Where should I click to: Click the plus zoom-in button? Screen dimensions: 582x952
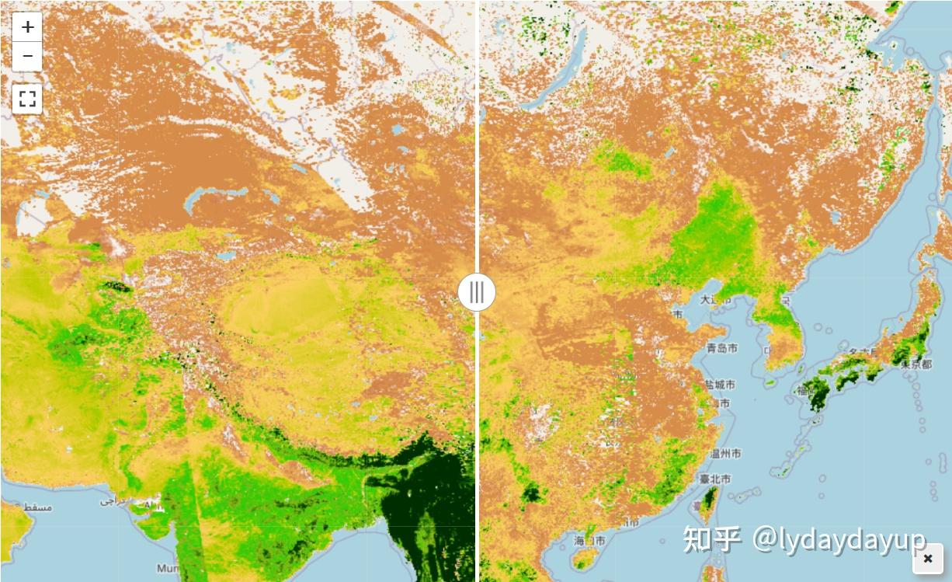pyautogui.click(x=28, y=27)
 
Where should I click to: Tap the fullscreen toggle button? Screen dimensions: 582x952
pyautogui.click(x=28, y=99)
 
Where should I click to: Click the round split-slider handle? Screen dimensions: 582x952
pyautogui.click(x=477, y=292)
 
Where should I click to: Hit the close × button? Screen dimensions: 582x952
pyautogui.click(x=928, y=558)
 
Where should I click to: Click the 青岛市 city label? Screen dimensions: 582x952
pyautogui.click(x=721, y=348)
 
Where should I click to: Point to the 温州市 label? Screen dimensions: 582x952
pyautogui.click(x=724, y=453)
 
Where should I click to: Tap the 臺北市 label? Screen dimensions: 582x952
pyautogui.click(x=714, y=479)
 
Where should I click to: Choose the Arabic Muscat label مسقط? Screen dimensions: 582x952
pyautogui.click(x=37, y=507)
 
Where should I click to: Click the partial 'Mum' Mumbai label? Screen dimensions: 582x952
pyautogui.click(x=167, y=569)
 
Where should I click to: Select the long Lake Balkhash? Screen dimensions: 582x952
pyautogui.click(x=225, y=194)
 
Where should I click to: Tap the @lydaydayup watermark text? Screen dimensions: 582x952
pyautogui.click(x=839, y=538)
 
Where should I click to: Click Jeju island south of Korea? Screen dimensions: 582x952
pyautogui.click(x=770, y=382)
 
